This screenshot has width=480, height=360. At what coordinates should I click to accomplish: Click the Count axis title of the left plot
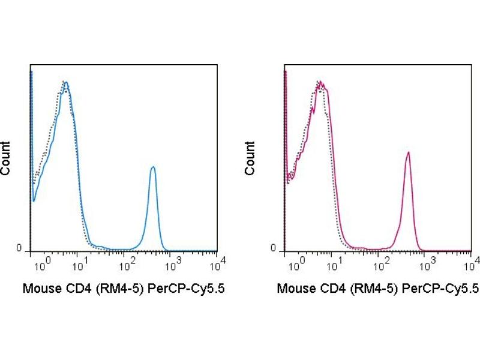5,158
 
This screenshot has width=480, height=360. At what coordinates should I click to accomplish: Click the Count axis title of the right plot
250,158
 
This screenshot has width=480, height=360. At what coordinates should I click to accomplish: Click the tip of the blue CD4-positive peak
153,167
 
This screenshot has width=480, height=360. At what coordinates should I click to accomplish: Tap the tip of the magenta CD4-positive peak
408,152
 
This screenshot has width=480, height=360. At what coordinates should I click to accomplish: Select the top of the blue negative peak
65,82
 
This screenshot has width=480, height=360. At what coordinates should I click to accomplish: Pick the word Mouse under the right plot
295,289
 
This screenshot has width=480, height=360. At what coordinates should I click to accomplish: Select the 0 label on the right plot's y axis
273,248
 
